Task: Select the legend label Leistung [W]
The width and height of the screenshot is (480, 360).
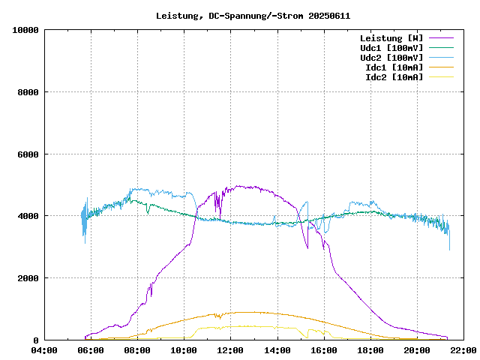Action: (391, 37)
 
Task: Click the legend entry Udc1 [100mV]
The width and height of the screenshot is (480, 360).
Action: (391, 47)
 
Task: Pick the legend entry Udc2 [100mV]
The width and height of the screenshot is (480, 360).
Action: (391, 57)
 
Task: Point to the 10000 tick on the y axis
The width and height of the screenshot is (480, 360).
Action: (26, 30)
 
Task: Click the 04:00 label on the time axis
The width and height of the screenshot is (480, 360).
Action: (44, 350)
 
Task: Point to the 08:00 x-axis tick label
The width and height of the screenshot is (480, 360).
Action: (137, 350)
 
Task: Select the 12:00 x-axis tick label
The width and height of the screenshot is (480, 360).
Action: (230, 350)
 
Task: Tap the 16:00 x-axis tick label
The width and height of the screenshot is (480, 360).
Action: (323, 350)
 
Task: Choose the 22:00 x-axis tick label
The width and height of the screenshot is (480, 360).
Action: (463, 350)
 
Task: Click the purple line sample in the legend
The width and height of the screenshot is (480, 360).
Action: (441, 37)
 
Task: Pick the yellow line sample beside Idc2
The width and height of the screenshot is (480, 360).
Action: (441, 76)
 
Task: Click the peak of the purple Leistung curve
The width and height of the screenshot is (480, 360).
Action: (238, 186)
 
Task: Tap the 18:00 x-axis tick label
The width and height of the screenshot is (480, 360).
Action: (370, 350)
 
